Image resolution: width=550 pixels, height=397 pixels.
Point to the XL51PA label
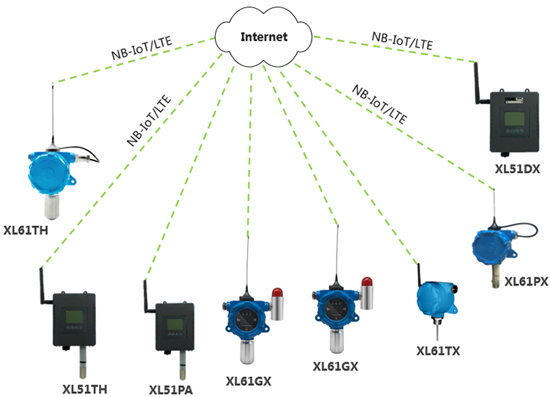pyautogui.click(x=170, y=390)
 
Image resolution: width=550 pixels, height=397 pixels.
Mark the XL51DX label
pyautogui.click(x=517, y=169)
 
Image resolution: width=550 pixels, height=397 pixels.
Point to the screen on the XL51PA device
pyautogui.click(x=174, y=324)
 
